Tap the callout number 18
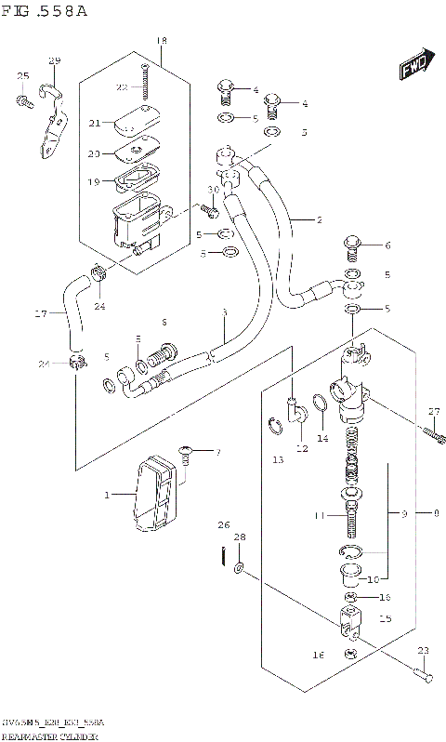[x=162, y=41]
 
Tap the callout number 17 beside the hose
[x=40, y=314]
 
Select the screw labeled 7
[x=187, y=454]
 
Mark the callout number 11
[x=319, y=516]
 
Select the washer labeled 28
[x=241, y=567]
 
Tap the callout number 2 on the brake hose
[x=318, y=220]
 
